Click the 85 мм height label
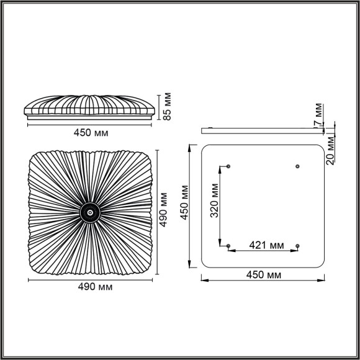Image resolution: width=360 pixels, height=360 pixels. click(166, 107)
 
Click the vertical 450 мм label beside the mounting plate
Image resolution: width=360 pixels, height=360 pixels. click(184, 204)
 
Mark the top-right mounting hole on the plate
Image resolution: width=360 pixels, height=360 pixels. click(297, 166)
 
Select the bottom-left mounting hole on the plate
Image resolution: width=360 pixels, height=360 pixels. click(229, 246)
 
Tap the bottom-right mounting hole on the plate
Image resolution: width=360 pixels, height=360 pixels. click(297, 246)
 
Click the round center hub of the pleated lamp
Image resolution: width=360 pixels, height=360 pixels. click(90, 213)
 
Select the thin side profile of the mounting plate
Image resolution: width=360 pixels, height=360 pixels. click(263, 130)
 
